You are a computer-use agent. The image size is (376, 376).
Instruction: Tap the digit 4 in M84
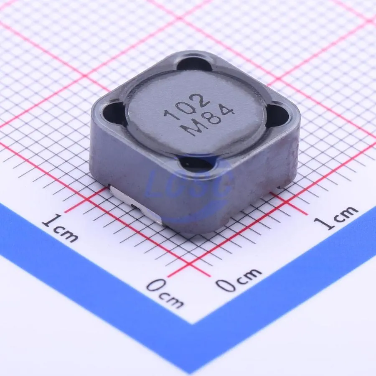coord(226,112)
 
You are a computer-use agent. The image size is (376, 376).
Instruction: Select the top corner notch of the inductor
coord(194,64)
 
